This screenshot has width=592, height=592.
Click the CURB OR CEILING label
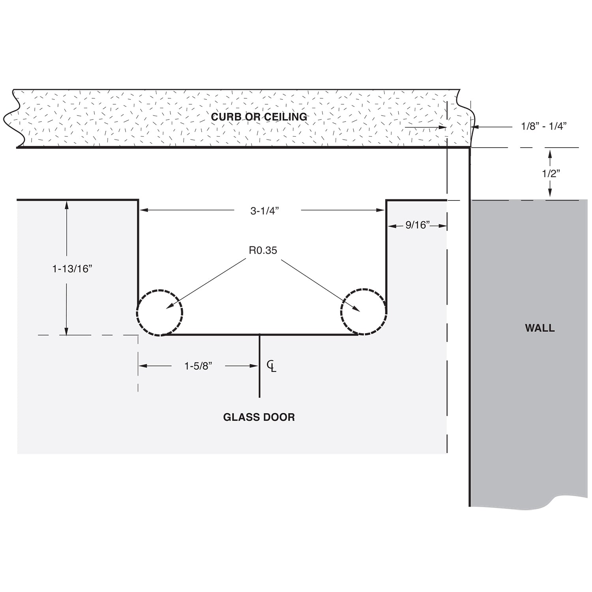tap(259, 117)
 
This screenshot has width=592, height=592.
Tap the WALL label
tap(540, 328)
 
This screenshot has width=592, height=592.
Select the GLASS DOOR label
tap(259, 417)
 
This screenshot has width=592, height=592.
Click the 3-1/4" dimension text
tap(264, 211)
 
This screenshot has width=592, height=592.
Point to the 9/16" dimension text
tap(418, 225)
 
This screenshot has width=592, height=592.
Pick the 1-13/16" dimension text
tap(72, 269)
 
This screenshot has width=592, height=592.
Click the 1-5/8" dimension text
tap(198, 366)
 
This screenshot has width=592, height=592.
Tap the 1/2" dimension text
tap(551, 174)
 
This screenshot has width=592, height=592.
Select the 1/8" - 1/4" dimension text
tap(544, 126)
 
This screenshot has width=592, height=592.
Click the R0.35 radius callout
tap(263, 250)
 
